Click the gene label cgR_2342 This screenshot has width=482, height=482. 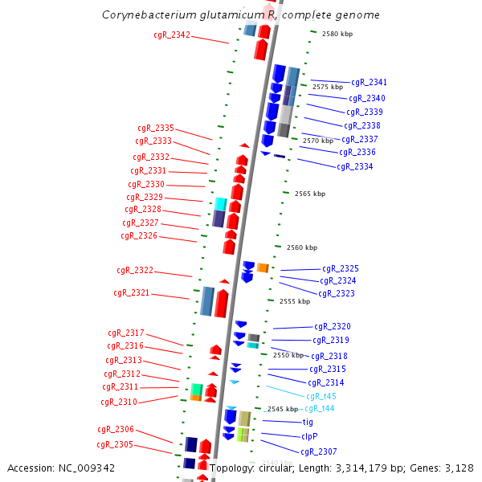pos(172,35)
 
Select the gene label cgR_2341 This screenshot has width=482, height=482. pos(369,82)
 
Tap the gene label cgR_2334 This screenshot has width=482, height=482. pos(354,166)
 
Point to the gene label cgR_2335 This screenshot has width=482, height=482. pos(155,128)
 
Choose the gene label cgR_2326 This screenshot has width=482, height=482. pos(139,235)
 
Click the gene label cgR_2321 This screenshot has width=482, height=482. pos(131,293)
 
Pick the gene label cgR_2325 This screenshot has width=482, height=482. pos(341,268)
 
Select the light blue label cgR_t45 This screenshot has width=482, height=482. pos(321,396)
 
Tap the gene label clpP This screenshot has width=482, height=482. pos(309,436)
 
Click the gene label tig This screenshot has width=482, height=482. pos(308,422)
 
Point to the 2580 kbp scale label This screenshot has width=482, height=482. pos(337,34)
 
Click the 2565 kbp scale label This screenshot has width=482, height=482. pos(309,194)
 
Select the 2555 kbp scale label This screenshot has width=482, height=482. pos(294,301)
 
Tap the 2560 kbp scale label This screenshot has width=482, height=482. pos(301,247)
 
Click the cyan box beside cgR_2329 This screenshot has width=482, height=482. pos(220,203)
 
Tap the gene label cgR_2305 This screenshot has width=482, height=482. pos(115,444)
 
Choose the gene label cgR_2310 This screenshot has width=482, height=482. pos(119,402)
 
